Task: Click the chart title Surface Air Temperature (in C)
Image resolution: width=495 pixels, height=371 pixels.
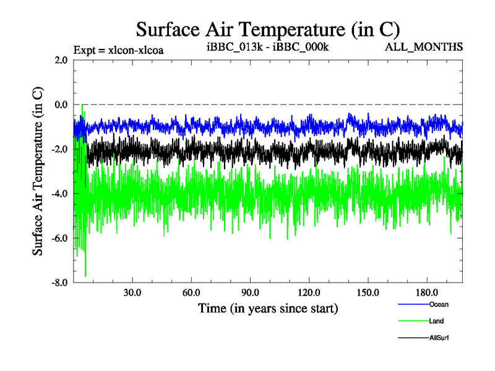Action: tap(268, 29)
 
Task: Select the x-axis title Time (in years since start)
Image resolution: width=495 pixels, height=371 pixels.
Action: tap(267, 307)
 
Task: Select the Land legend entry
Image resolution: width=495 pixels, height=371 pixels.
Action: tap(436, 321)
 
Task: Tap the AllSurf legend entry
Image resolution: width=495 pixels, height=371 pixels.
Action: tap(438, 338)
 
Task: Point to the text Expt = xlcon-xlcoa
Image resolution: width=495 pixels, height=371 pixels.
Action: tap(118, 49)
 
